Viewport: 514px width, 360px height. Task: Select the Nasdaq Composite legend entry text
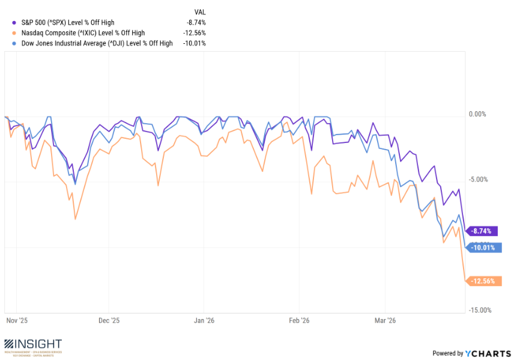[x=87, y=32]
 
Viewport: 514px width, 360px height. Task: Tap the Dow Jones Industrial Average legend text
[x=97, y=43]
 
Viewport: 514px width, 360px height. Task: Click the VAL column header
[x=199, y=11]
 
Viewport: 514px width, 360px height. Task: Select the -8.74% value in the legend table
[x=196, y=22]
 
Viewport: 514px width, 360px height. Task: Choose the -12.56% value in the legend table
[x=194, y=32]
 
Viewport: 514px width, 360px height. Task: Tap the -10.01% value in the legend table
[x=194, y=43]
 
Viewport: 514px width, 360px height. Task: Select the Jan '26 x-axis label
[x=205, y=321]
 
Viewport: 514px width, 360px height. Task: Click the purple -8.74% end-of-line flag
[x=483, y=231]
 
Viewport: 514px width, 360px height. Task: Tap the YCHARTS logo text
[x=487, y=353]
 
